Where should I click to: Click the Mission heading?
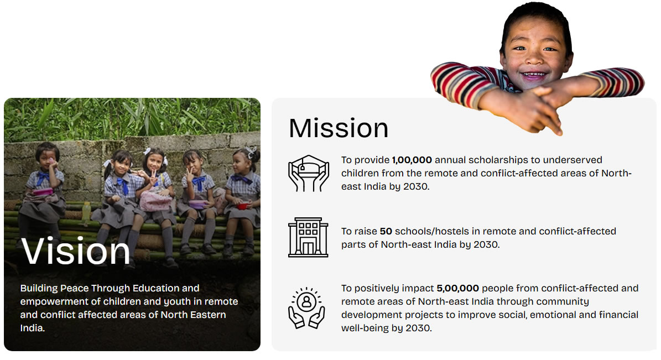pos(339,128)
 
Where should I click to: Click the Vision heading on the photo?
pos(76,251)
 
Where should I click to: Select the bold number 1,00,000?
pos(412,160)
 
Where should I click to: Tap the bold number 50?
pos(386,231)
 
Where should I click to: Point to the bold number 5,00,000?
pos(458,288)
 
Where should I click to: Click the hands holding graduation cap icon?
pos(308,173)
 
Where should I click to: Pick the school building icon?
pos(308,237)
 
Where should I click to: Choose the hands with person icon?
pos(306,307)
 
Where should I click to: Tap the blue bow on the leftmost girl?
pos(43,178)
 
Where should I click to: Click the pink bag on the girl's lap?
pos(155,201)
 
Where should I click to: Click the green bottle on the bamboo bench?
pos(86,213)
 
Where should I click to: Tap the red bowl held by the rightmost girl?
pos(243,206)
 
